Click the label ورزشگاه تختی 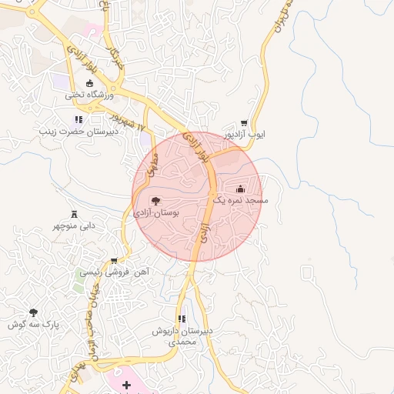tap(89, 95)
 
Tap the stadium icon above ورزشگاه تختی tap(89, 83)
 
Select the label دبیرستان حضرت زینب tap(77, 132)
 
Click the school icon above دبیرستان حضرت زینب tap(78, 119)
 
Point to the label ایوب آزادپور tap(244, 135)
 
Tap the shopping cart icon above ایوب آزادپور tap(244, 122)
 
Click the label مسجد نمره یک tap(240, 200)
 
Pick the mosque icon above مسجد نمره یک tap(240, 188)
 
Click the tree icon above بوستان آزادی tap(156, 200)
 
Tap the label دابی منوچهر tap(74, 226)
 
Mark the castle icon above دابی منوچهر tap(74, 213)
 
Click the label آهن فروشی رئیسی tap(115, 272)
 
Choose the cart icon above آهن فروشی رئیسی tap(115, 260)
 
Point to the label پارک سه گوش tap(33, 325)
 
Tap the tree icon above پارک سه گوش tap(32, 312)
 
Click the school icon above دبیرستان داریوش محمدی tap(182, 318)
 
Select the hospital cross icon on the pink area tap(126, 384)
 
